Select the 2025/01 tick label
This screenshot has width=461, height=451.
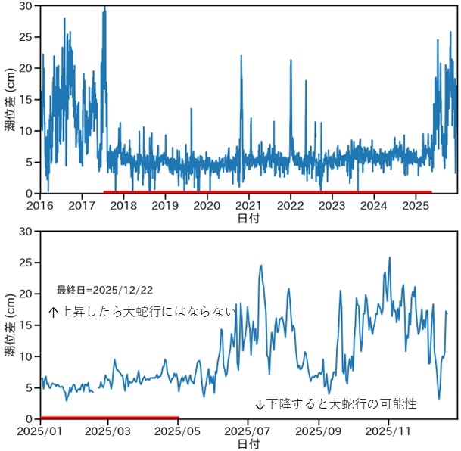(x=40, y=431)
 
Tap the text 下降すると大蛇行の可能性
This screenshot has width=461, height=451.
(x=336, y=404)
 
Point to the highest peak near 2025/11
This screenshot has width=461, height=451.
(x=390, y=258)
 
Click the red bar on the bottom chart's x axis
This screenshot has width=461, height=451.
(x=109, y=417)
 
